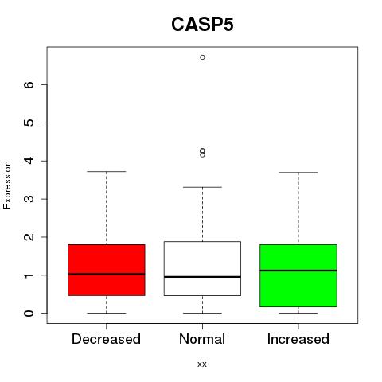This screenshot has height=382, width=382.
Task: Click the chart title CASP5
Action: [202, 25]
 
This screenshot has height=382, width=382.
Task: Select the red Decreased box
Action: [107, 270]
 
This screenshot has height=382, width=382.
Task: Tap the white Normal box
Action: [202, 268]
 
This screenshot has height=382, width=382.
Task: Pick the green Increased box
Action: [298, 275]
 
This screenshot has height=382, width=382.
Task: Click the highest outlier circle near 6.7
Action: [202, 57]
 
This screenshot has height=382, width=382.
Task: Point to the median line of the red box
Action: [107, 274]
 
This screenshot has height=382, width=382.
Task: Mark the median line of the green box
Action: [298, 271]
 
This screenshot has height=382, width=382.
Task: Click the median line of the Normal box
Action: [202, 277]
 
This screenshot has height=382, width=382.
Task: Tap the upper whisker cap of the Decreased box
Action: [107, 171]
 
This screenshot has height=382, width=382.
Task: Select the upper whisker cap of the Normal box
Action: [202, 187]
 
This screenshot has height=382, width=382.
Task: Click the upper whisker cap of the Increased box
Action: [298, 172]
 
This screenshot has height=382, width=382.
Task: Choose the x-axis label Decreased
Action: [106, 339]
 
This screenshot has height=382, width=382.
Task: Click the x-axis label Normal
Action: [202, 339]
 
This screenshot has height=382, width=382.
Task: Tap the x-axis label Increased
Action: [298, 339]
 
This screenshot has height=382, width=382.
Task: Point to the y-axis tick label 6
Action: [29, 84]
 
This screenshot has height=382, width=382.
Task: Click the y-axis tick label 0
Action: [29, 313]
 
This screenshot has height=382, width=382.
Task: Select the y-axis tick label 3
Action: [29, 199]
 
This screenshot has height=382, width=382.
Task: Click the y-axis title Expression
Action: [7, 185]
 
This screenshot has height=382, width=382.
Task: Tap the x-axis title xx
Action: [202, 364]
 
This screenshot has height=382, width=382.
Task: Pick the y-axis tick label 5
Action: [29, 123]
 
